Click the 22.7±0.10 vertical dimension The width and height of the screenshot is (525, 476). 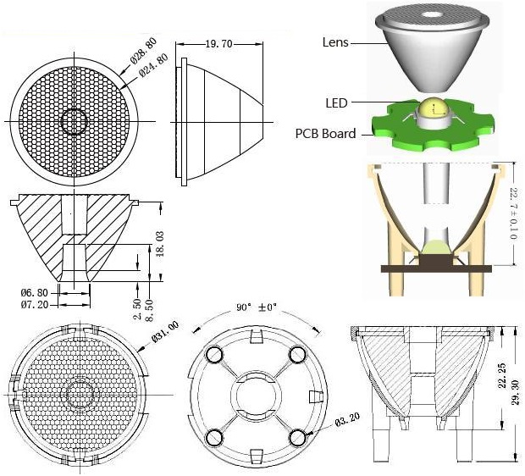513,214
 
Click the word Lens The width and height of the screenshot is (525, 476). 336,41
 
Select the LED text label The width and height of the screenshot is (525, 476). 336,102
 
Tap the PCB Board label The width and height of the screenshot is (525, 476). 325,133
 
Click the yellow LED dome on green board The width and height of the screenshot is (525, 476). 433,108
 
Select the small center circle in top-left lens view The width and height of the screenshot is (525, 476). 74,121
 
